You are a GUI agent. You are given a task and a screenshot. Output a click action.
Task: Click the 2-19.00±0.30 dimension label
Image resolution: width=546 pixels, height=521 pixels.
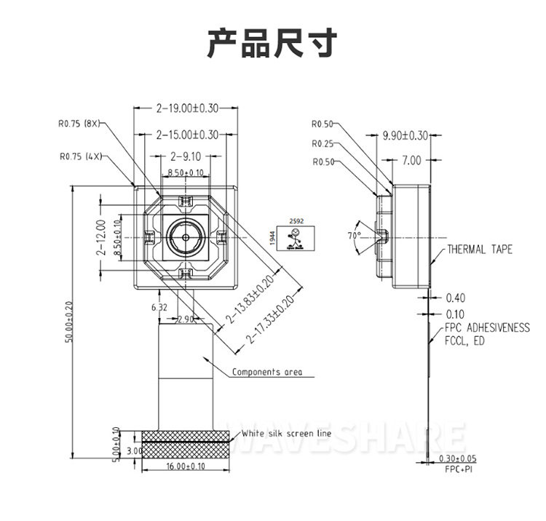tap(187, 108)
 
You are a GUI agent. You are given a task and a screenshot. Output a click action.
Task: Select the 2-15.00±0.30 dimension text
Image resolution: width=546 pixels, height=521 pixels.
tap(187, 135)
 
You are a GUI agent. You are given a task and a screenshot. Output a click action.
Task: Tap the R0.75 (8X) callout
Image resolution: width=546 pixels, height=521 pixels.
tap(79, 124)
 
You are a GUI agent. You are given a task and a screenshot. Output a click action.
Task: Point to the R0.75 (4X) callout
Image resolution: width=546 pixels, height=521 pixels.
tap(81, 156)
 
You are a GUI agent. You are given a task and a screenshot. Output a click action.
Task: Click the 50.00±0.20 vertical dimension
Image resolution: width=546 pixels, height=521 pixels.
tap(68, 322)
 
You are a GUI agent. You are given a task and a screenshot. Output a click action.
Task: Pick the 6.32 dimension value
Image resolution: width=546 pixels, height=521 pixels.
tap(159, 308)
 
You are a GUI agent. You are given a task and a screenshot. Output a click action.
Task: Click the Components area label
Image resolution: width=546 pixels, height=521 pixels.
tap(267, 372)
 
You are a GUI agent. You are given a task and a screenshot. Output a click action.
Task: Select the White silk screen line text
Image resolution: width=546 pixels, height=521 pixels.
tap(286, 434)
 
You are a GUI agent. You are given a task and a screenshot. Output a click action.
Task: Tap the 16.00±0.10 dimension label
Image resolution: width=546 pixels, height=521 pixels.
tap(186, 466)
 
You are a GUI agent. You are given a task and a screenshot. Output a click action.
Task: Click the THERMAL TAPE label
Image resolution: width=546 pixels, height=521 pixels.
tap(480, 250)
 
